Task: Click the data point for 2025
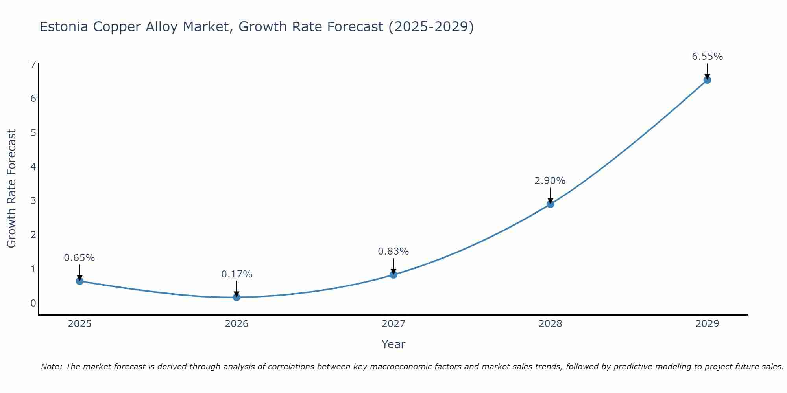(79, 281)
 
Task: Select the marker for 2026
(236, 297)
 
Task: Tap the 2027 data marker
(393, 274)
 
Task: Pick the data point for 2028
(550, 204)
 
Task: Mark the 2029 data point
(707, 80)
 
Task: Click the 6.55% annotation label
(707, 57)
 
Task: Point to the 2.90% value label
(550, 181)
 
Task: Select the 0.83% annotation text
(393, 251)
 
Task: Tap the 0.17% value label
(236, 274)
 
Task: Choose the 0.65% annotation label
(79, 258)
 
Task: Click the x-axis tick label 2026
(236, 324)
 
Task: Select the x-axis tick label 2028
(550, 324)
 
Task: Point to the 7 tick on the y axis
(33, 64)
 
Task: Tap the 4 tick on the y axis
(33, 167)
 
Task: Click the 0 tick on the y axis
(33, 303)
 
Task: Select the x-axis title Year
(393, 344)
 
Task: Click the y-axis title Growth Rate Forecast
(12, 188)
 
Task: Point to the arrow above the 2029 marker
(707, 71)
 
